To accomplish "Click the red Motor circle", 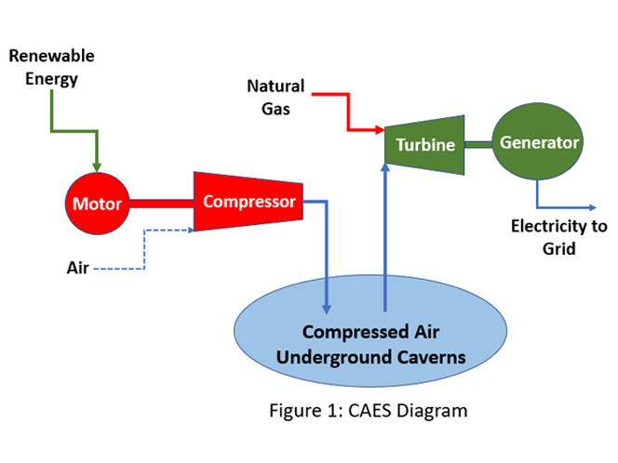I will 97,204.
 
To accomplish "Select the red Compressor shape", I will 249,201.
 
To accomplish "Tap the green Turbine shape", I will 424,144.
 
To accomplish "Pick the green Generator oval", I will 539,143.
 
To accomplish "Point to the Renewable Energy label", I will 52,67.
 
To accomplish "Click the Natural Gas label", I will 275,97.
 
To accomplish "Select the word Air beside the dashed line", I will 77,268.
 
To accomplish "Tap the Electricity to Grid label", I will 558,237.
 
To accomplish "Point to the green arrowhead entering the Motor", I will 98,166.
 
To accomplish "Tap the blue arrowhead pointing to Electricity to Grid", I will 593,206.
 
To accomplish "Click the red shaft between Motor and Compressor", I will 162,202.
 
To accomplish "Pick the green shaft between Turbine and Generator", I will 477,143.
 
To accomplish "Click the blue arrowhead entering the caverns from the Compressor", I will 327,308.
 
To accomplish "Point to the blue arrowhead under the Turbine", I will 383,169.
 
